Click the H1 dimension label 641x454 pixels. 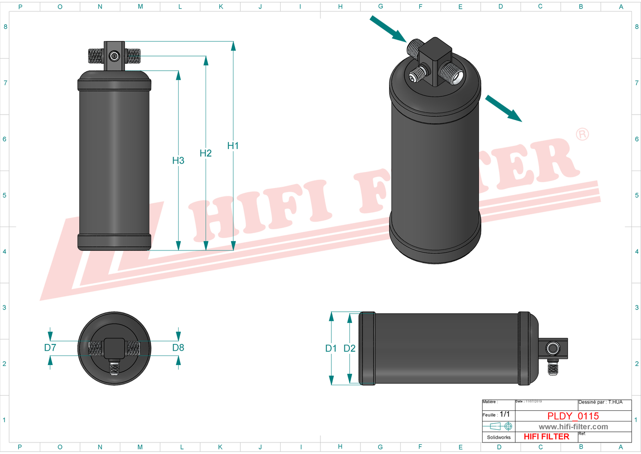pyautogui.click(x=233, y=145)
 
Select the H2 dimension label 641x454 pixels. pyautogui.click(x=206, y=153)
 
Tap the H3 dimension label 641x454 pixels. pyautogui.click(x=178, y=161)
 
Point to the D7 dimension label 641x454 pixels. pyautogui.click(x=50, y=348)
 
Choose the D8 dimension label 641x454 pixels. pyautogui.click(x=178, y=348)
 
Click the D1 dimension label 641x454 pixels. pyautogui.click(x=331, y=349)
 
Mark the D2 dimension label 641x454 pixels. pyautogui.click(x=349, y=349)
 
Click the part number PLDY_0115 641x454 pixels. pyautogui.click(x=573, y=416)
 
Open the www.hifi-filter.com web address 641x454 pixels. pyautogui.click(x=573, y=426)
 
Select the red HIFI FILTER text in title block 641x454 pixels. pyautogui.click(x=546, y=437)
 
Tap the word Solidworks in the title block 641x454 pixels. pyautogui.click(x=499, y=437)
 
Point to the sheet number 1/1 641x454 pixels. pyautogui.click(x=505, y=414)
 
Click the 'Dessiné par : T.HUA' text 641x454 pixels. pyautogui.click(x=600, y=402)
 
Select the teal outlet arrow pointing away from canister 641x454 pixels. pyautogui.click(x=504, y=108)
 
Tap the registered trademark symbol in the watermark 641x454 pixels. pyautogui.click(x=582, y=134)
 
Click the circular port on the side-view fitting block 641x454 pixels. pyautogui.click(x=553, y=349)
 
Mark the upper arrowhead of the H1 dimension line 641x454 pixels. pyautogui.click(x=234, y=46)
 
